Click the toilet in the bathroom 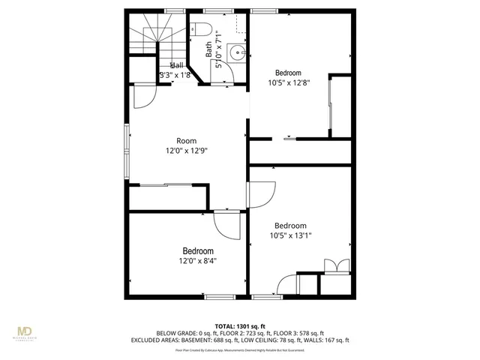[x=200, y=30]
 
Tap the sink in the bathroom [x=236, y=52]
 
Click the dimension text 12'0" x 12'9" [x=186, y=150]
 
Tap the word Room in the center [x=186, y=140]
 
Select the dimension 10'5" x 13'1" [x=289, y=235]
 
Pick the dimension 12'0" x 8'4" [x=198, y=261]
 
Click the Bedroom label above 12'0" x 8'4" [x=198, y=250]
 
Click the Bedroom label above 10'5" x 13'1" [x=289, y=225]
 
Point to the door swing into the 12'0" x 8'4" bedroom [x=226, y=223]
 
